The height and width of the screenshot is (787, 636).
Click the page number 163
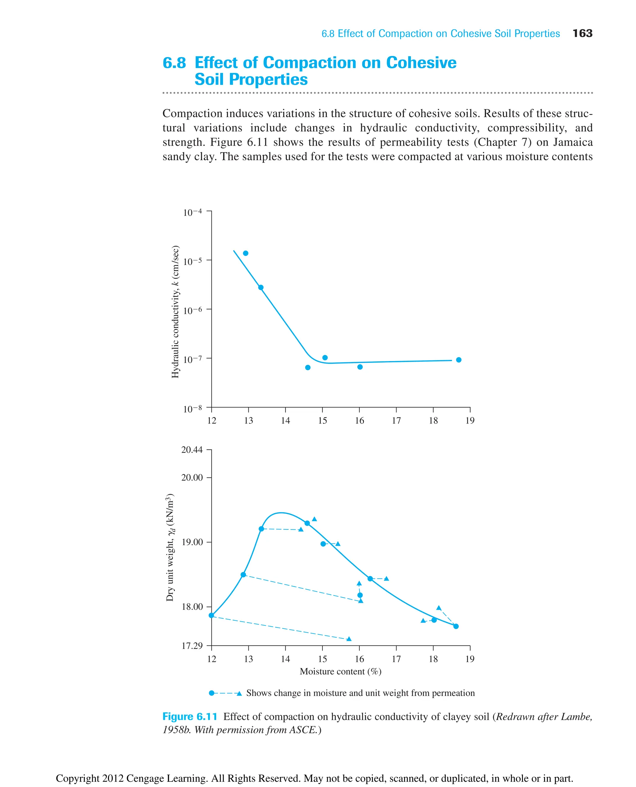coord(582,33)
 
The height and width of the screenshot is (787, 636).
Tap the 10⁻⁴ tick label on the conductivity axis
coord(192,212)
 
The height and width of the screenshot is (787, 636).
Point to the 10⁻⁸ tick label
coord(192,409)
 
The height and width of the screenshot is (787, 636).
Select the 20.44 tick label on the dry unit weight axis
coord(192,450)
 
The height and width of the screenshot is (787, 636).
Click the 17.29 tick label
coord(192,646)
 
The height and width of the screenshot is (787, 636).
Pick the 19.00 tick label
coord(192,542)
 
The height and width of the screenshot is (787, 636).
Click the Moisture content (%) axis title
coord(340,671)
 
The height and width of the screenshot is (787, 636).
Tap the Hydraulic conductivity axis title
coord(175,312)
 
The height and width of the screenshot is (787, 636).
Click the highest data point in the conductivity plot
coord(245,253)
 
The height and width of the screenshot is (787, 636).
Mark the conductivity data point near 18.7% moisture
coord(459,360)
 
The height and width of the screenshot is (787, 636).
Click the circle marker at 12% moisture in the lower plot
coord(211,615)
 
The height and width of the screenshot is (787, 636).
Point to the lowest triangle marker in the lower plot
coord(349,639)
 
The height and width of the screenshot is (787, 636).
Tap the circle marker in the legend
coord(211,693)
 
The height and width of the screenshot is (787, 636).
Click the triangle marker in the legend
coord(239,693)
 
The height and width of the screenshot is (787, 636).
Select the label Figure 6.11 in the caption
coord(190,716)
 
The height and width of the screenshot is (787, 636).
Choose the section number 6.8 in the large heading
coord(175,63)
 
